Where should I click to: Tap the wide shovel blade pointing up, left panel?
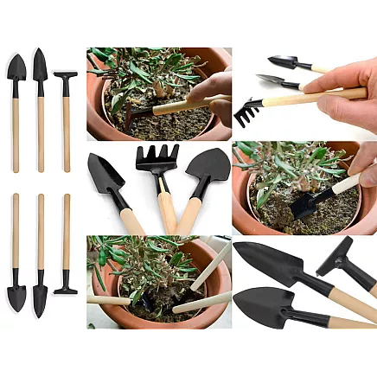point(16,67)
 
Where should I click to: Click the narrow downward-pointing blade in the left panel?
point(40,297)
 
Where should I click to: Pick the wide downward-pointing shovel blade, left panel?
point(16,295)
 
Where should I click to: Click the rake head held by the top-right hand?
point(250,109)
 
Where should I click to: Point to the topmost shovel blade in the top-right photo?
point(284,61)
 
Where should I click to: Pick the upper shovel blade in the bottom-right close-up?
point(269,262)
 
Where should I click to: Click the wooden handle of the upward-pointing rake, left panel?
point(66,130)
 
